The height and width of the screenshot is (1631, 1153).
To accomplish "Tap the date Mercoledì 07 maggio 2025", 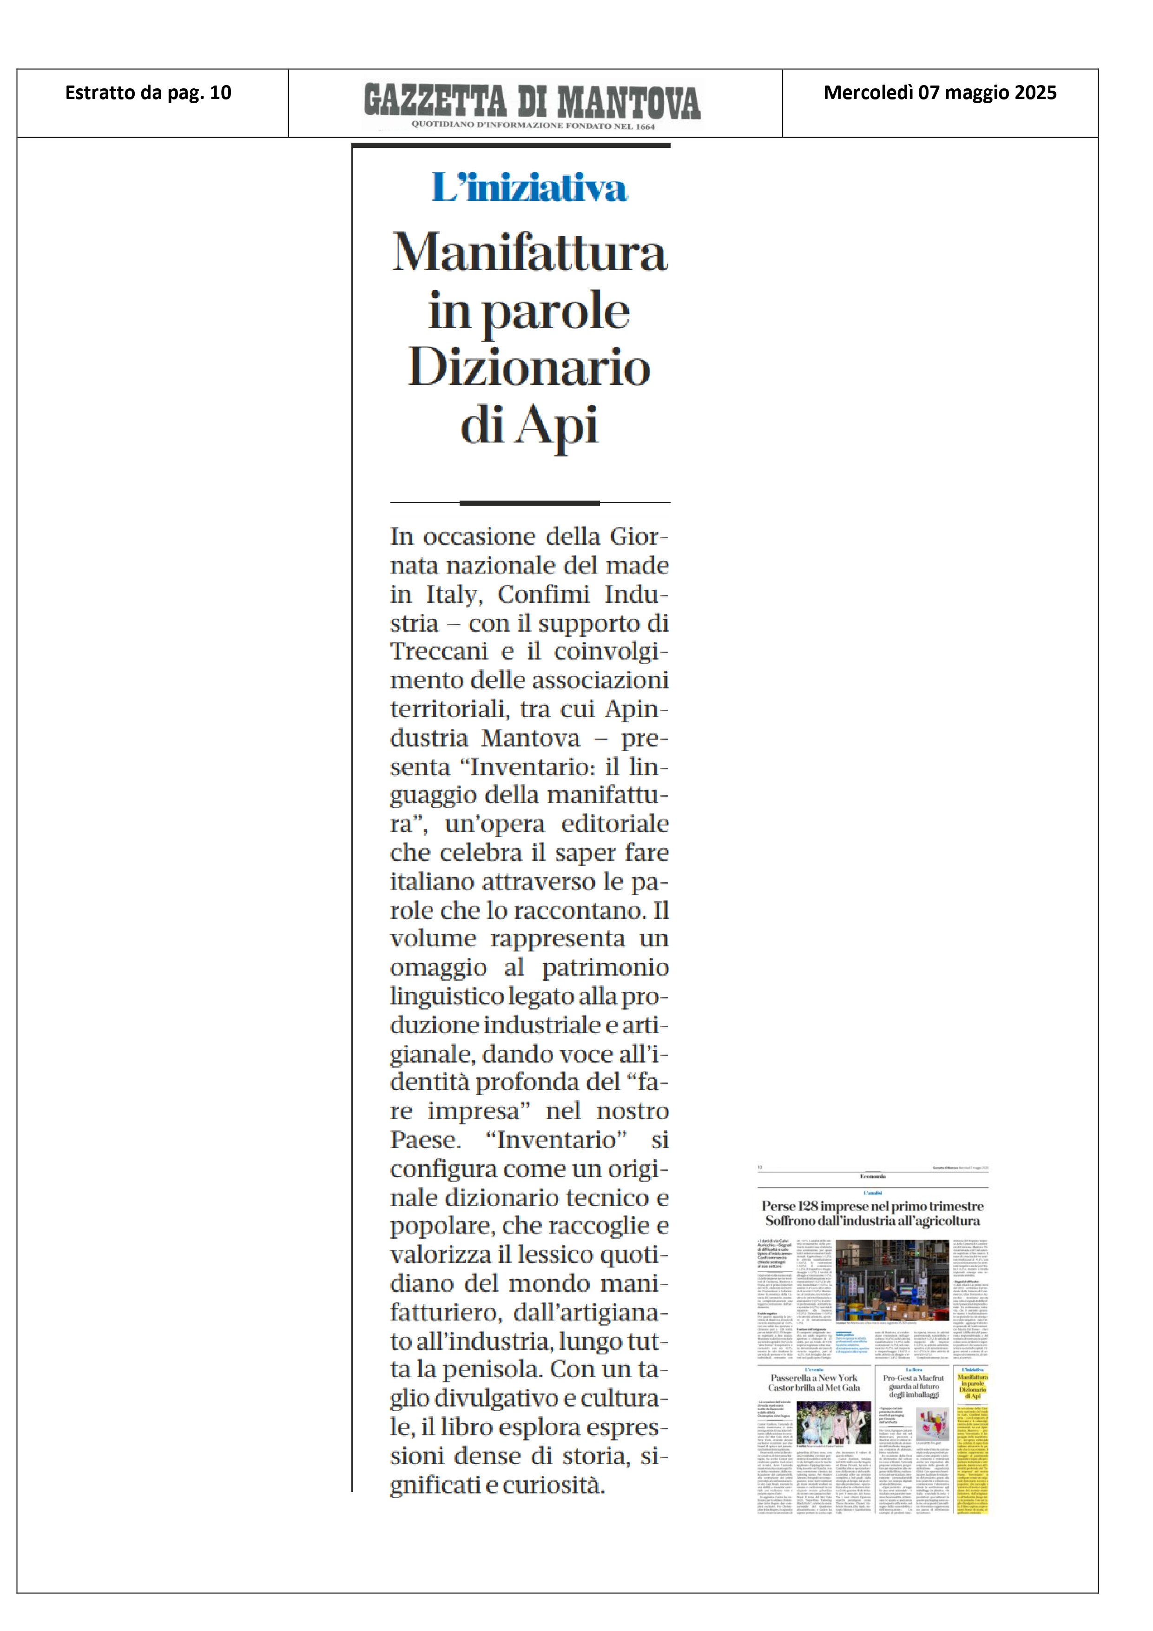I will [x=939, y=93].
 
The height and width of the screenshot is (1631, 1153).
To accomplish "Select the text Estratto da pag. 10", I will [x=148, y=93].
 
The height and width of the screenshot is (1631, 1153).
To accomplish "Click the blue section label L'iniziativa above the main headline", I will [x=529, y=188].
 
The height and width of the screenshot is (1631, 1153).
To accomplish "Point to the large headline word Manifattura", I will [x=529, y=253].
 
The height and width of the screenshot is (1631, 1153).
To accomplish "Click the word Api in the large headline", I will [x=558, y=426].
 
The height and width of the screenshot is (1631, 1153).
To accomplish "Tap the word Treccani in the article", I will [x=432, y=651].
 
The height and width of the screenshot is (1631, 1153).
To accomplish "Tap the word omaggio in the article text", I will [x=438, y=968].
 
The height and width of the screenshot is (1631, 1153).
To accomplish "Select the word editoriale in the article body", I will [x=614, y=824].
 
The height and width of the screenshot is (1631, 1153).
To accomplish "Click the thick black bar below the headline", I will [x=529, y=503].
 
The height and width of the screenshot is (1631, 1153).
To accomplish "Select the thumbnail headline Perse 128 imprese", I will [x=872, y=1206].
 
